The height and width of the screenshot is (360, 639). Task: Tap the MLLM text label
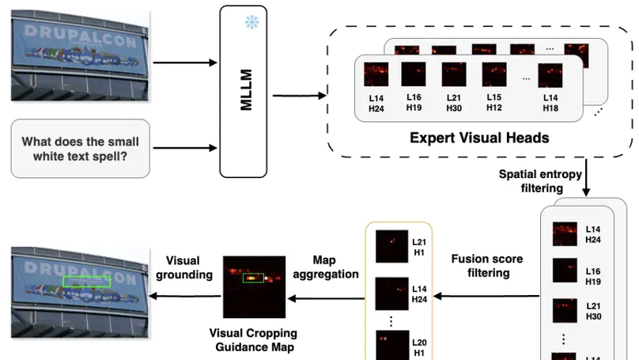[x=246, y=93]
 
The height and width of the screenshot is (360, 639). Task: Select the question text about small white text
[x=80, y=149]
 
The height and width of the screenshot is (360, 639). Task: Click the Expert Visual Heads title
[x=479, y=137]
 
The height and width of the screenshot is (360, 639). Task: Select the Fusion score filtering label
[x=486, y=265]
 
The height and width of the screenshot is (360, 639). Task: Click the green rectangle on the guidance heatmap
[x=252, y=278]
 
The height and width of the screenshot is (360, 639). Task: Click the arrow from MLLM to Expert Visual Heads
[x=298, y=97]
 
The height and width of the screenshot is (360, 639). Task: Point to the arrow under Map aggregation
[x=324, y=297]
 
